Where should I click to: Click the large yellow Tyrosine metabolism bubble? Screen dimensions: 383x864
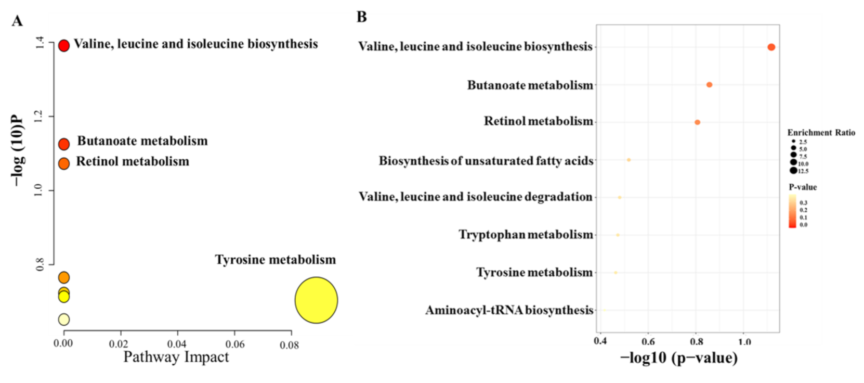click(316, 300)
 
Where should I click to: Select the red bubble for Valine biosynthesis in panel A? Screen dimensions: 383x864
click(63, 46)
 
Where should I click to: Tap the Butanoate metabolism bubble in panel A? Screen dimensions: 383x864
click(64, 144)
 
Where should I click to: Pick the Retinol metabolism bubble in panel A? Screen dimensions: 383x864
click(63, 164)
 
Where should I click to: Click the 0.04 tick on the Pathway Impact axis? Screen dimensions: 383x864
click(177, 344)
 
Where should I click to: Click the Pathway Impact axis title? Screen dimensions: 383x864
click(176, 358)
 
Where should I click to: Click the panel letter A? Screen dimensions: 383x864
click(17, 21)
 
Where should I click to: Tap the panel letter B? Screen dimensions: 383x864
click(361, 17)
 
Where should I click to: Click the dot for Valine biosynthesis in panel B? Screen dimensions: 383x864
click(771, 47)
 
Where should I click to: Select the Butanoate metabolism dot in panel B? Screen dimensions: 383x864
click(709, 85)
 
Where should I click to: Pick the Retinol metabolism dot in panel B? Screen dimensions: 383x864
click(697, 122)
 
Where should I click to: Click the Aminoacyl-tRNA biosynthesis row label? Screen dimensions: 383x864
click(509, 311)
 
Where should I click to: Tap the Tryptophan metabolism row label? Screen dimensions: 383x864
click(526, 235)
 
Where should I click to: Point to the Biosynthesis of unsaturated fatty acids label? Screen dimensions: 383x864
click(486, 161)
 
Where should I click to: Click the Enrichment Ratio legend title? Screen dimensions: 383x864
click(821, 133)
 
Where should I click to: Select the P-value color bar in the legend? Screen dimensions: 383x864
click(792, 211)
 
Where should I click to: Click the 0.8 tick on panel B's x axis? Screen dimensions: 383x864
click(697, 342)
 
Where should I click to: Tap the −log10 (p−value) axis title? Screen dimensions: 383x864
click(678, 358)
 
